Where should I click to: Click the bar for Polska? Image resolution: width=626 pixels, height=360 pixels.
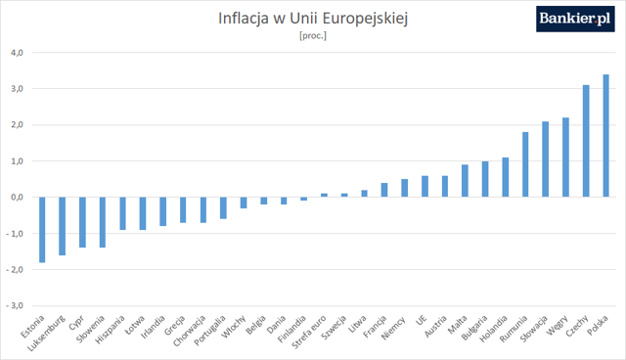click(x=605, y=136)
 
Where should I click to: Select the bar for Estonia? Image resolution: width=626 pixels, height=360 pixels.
click(x=42, y=230)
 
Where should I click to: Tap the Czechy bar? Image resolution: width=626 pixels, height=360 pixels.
click(x=586, y=141)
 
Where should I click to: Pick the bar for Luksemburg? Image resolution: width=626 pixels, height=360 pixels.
click(x=62, y=226)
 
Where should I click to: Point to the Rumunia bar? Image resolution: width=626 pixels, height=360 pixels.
click(x=525, y=164)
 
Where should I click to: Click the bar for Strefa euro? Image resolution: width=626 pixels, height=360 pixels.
click(x=324, y=196)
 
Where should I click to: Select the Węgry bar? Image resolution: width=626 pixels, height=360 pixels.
click(x=565, y=157)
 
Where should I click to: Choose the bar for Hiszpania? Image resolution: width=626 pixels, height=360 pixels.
click(x=122, y=213)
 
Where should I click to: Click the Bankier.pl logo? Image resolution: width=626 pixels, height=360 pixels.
click(x=575, y=19)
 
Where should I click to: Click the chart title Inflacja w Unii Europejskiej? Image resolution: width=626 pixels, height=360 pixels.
click(x=313, y=19)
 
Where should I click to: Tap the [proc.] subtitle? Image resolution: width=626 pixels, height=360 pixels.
click(x=313, y=36)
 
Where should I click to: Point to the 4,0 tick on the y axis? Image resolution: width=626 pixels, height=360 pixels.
click(x=18, y=53)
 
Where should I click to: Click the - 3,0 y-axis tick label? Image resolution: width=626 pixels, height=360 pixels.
click(x=15, y=306)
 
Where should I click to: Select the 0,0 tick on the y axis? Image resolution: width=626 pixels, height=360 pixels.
click(x=18, y=198)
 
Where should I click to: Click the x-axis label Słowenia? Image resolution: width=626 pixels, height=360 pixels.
click(x=91, y=330)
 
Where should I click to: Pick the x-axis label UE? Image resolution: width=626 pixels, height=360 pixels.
click(x=422, y=320)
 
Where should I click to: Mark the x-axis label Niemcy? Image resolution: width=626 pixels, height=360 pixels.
click(x=393, y=328)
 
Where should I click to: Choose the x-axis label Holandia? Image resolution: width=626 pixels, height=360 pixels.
click(x=494, y=329)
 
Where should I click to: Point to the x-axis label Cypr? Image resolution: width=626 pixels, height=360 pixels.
click(x=76, y=323)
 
